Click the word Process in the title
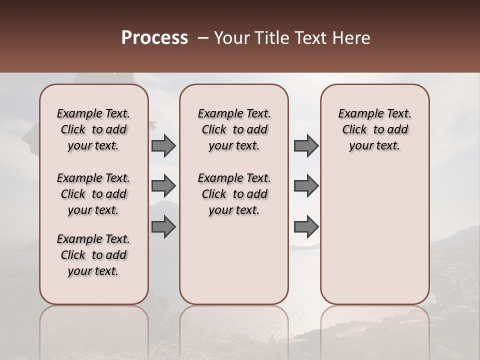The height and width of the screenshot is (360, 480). [x=154, y=38]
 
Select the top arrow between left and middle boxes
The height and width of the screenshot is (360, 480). [x=163, y=146]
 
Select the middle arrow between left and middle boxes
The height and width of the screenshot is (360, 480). [x=163, y=186]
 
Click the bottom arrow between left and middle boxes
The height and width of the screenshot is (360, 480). [x=163, y=227]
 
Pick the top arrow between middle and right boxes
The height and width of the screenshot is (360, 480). [x=306, y=146]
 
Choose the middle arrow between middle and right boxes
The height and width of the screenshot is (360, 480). [x=306, y=186]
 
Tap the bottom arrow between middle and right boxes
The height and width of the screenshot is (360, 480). [x=306, y=227]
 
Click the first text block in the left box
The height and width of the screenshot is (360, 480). [x=93, y=129]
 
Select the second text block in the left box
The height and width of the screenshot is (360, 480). [x=93, y=194]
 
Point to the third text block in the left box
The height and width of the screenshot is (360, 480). [x=93, y=255]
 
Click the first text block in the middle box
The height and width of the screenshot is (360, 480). [x=234, y=129]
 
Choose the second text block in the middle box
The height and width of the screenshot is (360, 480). [x=234, y=194]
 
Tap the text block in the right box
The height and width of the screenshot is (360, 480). [x=374, y=129]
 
